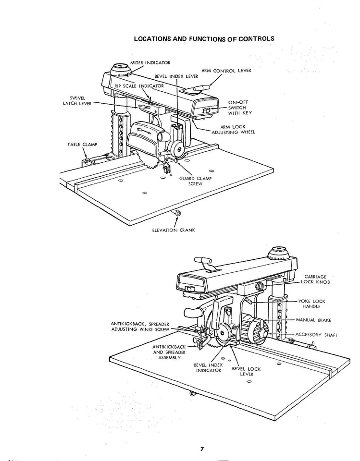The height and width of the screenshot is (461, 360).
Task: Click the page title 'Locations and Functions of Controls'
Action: tap(204, 38)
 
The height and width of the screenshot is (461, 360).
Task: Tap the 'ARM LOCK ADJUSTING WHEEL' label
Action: tap(234, 129)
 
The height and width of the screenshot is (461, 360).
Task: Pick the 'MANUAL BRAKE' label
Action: tap(313, 320)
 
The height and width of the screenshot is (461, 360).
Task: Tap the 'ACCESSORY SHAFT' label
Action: tap(313, 335)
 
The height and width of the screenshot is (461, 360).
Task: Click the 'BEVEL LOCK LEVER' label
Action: tap(246, 371)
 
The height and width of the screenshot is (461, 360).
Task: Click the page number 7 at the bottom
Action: tap(202, 449)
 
